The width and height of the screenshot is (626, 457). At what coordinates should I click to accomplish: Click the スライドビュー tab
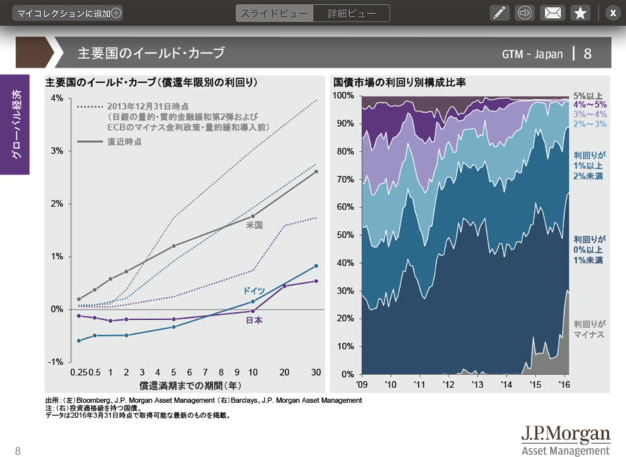coord(274,13)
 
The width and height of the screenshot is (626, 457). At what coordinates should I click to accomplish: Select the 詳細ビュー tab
coord(351,13)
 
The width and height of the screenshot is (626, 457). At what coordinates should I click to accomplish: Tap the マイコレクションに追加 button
coord(67,13)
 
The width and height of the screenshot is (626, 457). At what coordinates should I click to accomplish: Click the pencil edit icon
coord(499,13)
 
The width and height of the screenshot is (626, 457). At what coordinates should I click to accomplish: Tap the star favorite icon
coord(579,13)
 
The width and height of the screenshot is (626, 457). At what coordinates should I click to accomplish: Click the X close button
coord(612,13)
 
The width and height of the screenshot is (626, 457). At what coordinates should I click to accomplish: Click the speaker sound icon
coord(525,13)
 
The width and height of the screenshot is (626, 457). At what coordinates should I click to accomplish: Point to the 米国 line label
coord(254,225)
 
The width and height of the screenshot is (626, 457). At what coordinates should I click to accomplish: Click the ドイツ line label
coord(253,290)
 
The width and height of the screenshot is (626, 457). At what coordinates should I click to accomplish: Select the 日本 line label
coord(254,320)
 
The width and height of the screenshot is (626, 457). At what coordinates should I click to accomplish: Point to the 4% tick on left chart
coord(57,98)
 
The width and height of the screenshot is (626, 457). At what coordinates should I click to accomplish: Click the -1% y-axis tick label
coord(56,362)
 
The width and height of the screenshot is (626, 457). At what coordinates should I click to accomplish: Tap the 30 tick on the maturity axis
coord(316,373)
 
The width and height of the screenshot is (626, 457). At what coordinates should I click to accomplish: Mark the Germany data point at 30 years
coord(316,266)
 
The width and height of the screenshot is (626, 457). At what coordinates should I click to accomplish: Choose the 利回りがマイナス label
coord(589,328)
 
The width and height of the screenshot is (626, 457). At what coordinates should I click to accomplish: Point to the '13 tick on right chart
coord(477,384)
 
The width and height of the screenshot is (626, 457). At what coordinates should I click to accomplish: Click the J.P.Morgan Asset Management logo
coord(565,439)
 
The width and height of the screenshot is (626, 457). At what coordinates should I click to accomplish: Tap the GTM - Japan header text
coord(532,54)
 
